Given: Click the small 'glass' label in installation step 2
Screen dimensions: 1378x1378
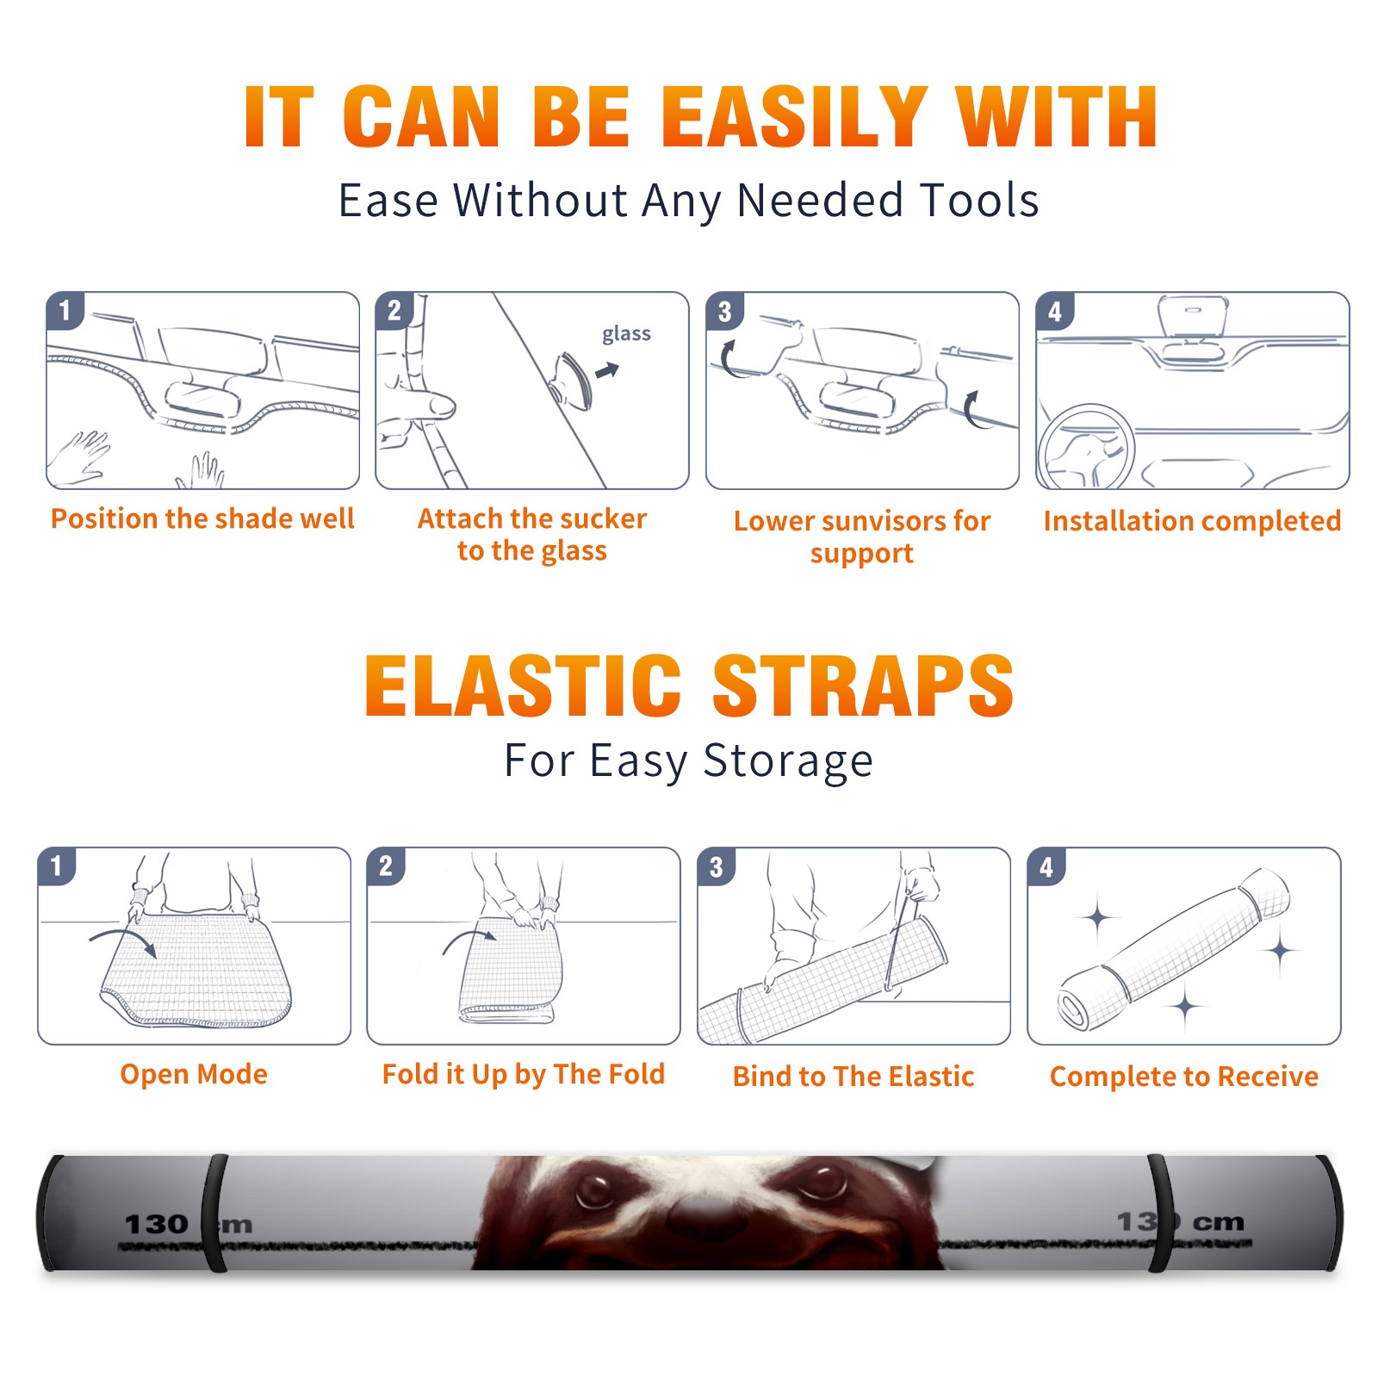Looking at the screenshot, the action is tap(626, 334).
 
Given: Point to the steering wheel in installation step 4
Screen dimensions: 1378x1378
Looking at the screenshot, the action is tap(1085, 447).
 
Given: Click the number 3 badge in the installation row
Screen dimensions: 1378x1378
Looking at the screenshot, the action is tap(725, 311).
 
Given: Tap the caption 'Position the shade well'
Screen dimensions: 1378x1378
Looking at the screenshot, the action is tap(202, 518).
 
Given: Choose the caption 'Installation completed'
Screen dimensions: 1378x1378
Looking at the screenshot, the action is tap(1192, 520).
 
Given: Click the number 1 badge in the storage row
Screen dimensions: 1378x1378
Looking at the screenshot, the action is tap(57, 866).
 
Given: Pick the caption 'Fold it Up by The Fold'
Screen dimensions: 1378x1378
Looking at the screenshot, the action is tap(524, 1074).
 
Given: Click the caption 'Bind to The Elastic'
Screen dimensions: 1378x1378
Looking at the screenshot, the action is tap(853, 1077).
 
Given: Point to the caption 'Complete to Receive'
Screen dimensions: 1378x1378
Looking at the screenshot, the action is tap(1184, 1077).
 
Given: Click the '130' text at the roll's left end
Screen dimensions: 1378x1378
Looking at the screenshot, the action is tap(157, 1224).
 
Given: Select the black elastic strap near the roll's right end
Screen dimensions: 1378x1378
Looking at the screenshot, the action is tap(1161, 1214).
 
